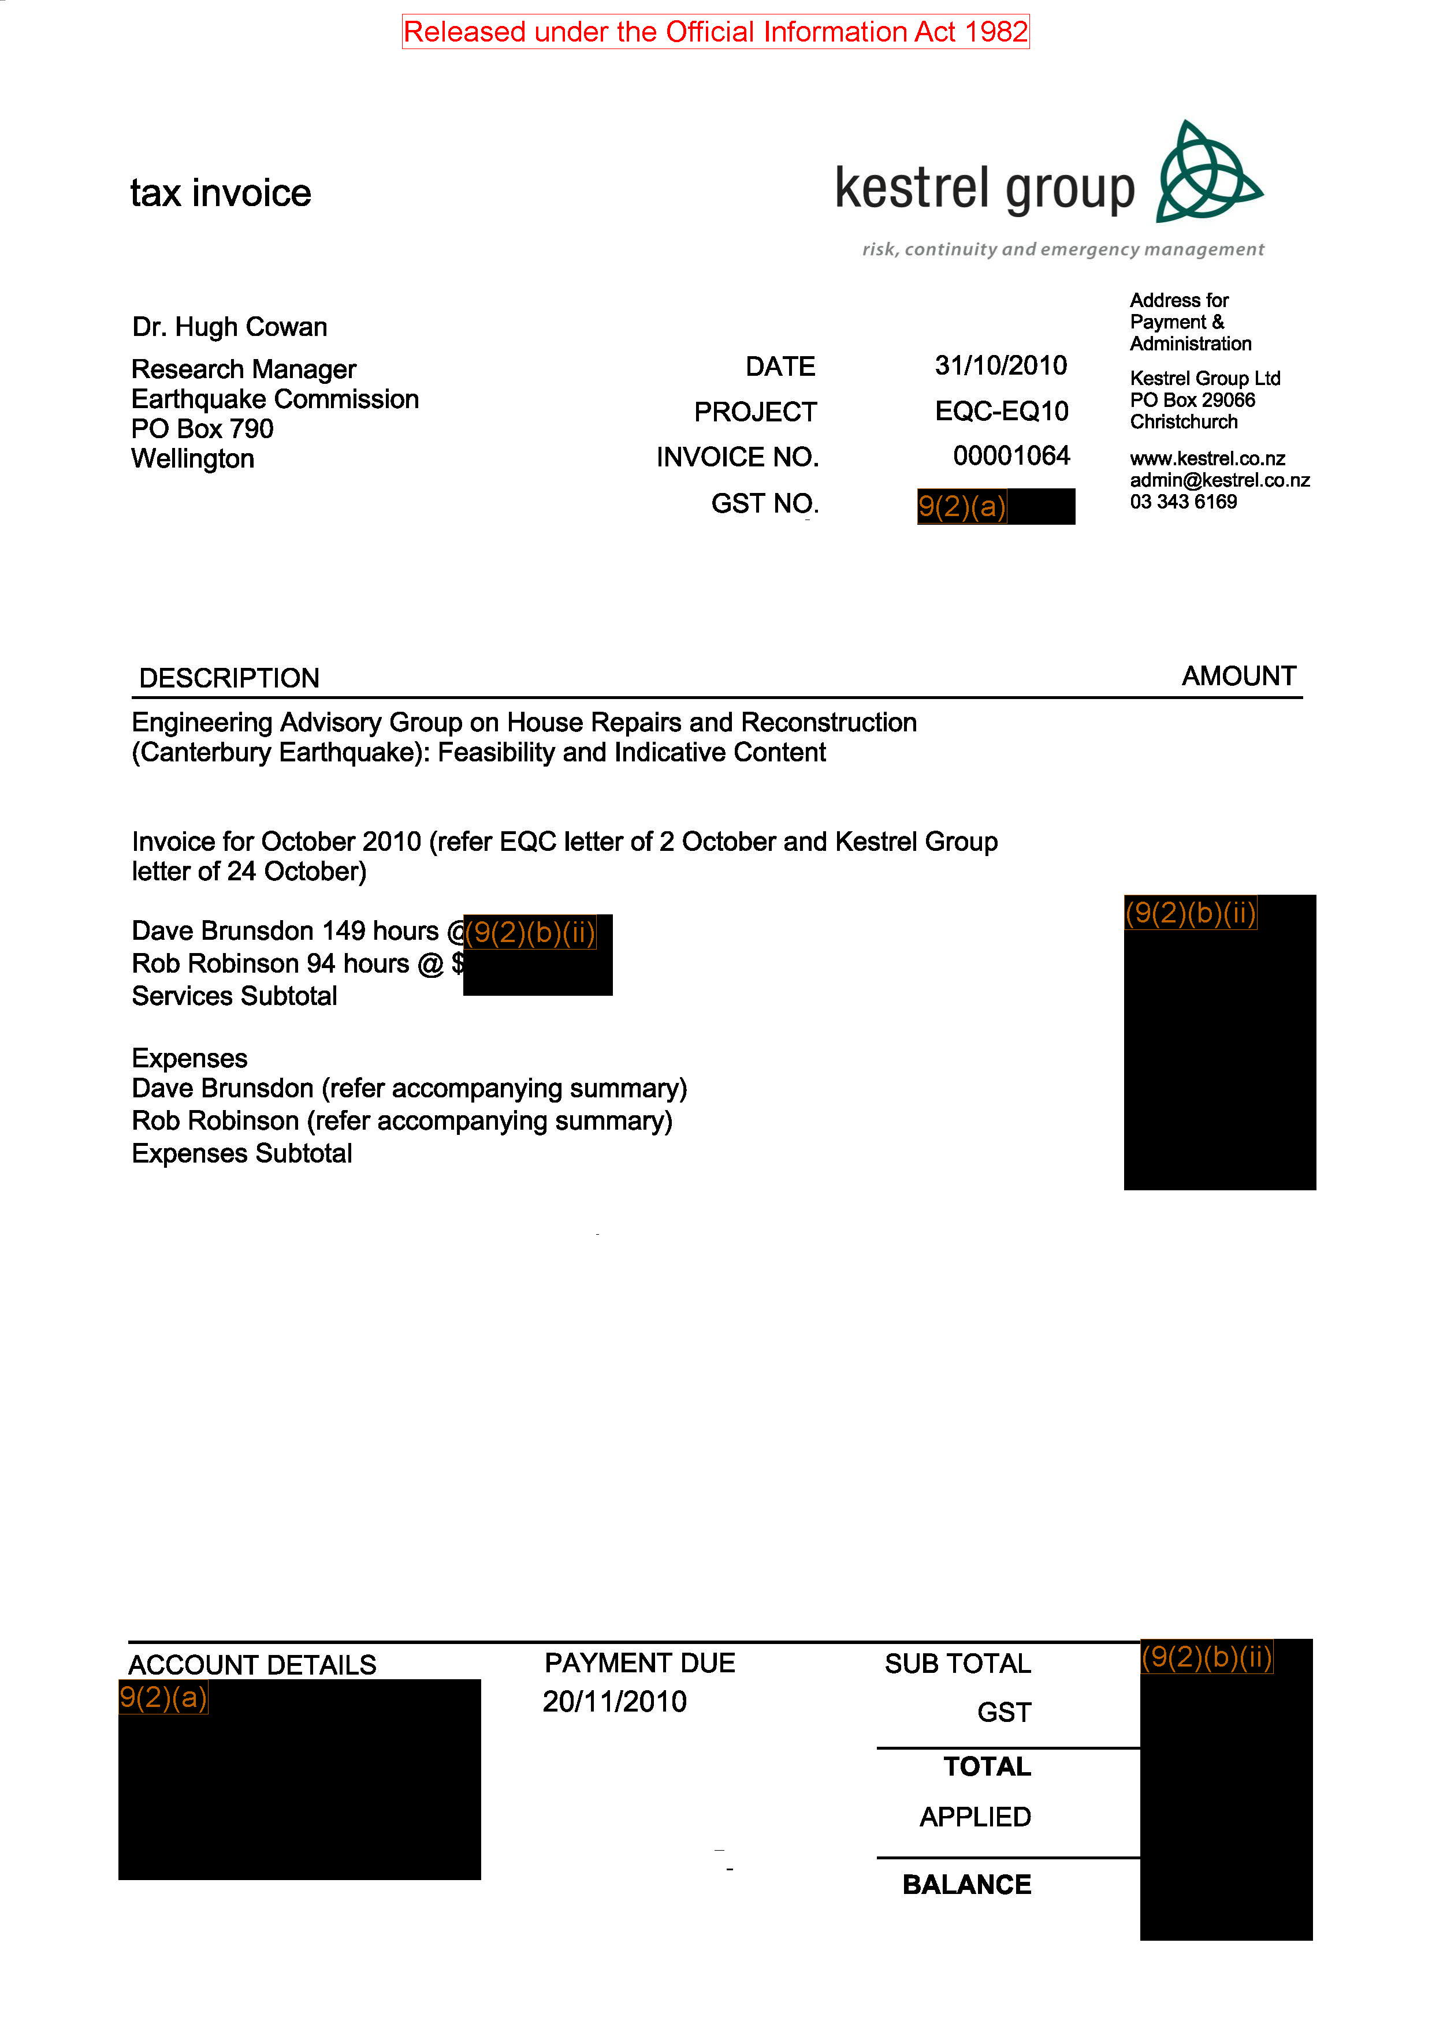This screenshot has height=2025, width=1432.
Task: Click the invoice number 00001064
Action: point(1011,456)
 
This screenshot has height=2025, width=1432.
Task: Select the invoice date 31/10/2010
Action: point(1000,365)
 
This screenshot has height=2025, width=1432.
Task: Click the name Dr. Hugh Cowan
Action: point(229,327)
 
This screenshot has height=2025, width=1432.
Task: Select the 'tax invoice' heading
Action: point(221,193)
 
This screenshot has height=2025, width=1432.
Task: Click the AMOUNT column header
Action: point(1238,677)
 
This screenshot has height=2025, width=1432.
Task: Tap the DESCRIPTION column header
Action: point(229,678)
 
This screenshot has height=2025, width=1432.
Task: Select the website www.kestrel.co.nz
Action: point(1207,458)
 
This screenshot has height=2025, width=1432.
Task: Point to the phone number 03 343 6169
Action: point(1183,502)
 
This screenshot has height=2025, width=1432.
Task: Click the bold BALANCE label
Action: point(966,1885)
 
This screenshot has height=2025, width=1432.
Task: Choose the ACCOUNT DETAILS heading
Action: point(252,1665)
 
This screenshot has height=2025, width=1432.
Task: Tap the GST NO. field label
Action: point(765,503)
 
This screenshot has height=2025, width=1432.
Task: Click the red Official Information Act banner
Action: point(716,32)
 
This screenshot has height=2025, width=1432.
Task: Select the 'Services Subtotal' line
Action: point(235,996)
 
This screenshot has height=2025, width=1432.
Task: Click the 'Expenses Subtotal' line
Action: point(242,1153)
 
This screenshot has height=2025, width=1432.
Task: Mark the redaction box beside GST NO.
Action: point(996,506)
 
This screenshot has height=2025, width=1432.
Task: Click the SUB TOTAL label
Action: point(957,1664)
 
